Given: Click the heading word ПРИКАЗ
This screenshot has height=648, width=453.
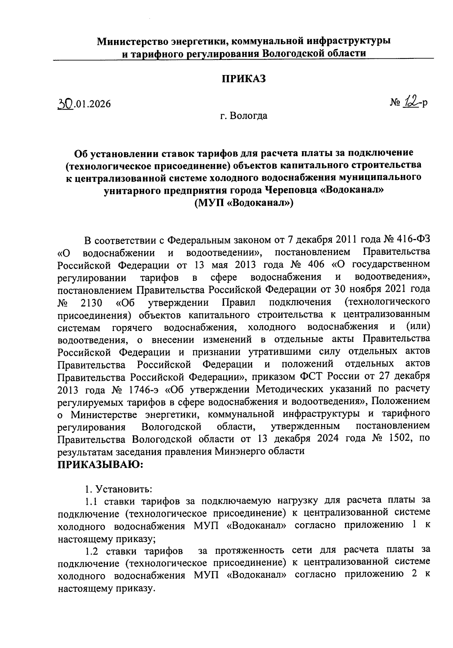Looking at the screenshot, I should (x=243, y=78).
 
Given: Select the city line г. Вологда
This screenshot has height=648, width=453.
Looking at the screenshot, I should (x=244, y=116).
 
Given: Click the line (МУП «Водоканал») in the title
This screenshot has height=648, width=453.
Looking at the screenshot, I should (x=243, y=202).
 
